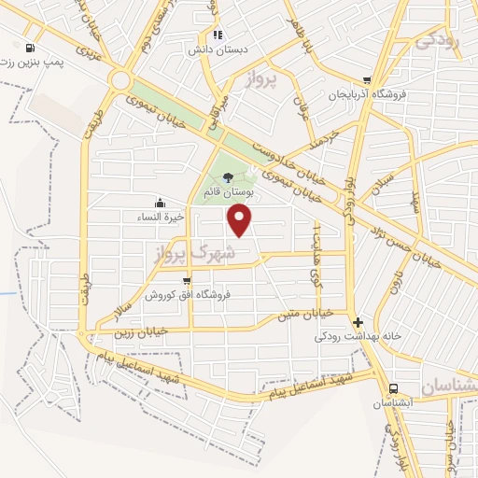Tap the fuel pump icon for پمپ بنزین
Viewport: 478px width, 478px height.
coord(34,48)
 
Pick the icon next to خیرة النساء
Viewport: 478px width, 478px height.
coord(161,202)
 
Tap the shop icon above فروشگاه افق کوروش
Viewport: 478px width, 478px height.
coord(187,280)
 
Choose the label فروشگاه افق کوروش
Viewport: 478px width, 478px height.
coord(187,295)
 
